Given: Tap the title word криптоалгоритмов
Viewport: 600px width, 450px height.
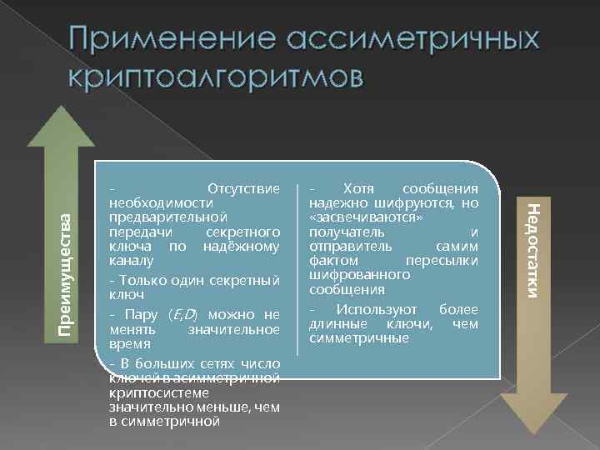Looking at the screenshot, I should point(218,77).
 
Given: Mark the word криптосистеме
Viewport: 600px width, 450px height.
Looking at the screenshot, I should point(147,393).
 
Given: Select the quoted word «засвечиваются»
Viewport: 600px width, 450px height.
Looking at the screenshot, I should point(355,217).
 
